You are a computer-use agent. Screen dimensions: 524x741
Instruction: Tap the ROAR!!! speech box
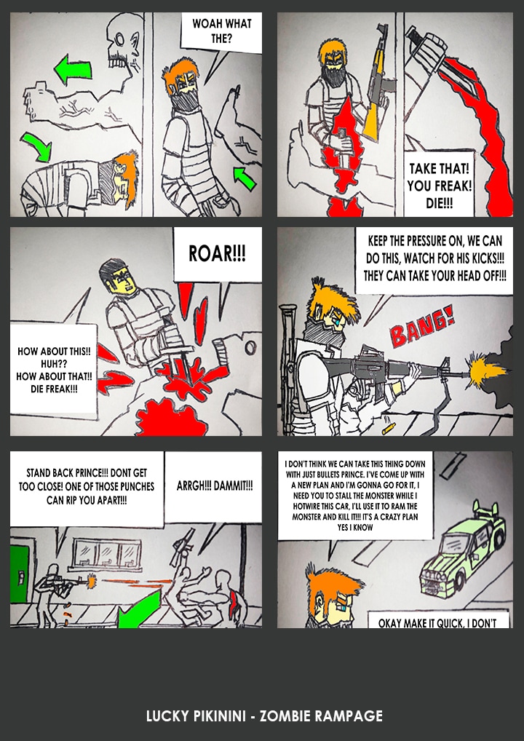click(x=218, y=254)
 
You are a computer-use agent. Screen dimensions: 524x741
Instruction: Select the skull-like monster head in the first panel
click(x=124, y=41)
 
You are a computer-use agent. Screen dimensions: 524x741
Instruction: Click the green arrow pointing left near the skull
click(x=73, y=70)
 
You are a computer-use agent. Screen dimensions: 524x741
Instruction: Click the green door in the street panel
click(x=20, y=574)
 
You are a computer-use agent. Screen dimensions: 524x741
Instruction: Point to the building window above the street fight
click(x=106, y=555)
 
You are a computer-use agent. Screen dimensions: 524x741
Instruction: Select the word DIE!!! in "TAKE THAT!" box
click(x=440, y=204)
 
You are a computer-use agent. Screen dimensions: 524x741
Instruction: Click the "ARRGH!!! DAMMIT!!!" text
click(x=215, y=486)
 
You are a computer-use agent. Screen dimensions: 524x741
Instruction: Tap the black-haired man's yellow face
click(x=124, y=281)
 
